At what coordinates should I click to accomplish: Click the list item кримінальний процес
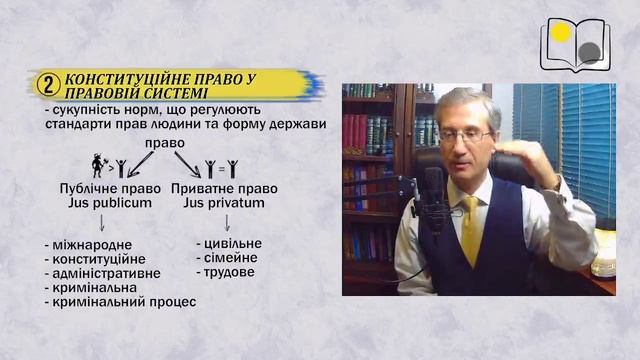pos(120,301)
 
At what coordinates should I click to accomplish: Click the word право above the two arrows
pos(163,142)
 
